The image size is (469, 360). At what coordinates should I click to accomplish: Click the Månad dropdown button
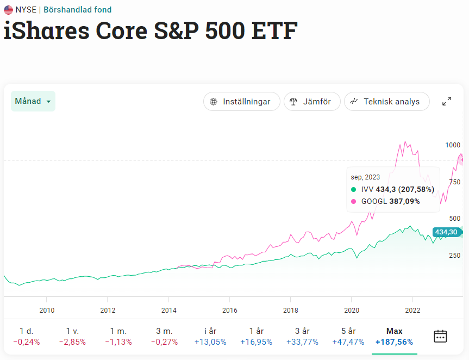[33, 101]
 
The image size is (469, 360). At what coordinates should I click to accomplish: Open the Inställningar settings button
[241, 102]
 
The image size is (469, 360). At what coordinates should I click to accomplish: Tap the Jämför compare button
[311, 102]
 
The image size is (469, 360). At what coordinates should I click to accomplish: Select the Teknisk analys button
[386, 102]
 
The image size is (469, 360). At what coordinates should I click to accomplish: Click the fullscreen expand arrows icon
[447, 101]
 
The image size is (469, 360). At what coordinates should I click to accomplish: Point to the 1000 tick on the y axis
[452, 145]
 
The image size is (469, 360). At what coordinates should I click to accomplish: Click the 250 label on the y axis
[454, 255]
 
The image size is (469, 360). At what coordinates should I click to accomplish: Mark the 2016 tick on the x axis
[229, 311]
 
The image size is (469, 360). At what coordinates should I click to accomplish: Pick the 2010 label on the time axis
[47, 311]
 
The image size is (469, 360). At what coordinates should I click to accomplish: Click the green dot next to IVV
[354, 189]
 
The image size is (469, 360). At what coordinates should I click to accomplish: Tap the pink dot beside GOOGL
[354, 201]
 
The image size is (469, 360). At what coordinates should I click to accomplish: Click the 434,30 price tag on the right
[446, 232]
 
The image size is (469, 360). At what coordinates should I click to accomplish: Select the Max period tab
[394, 337]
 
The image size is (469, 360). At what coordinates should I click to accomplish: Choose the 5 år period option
[348, 337]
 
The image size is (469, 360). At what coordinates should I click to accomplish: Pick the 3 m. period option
[165, 337]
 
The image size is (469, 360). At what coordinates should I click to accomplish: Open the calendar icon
[440, 336]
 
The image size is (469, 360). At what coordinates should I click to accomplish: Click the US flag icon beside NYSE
[8, 10]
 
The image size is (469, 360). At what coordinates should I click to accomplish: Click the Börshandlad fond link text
[78, 10]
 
